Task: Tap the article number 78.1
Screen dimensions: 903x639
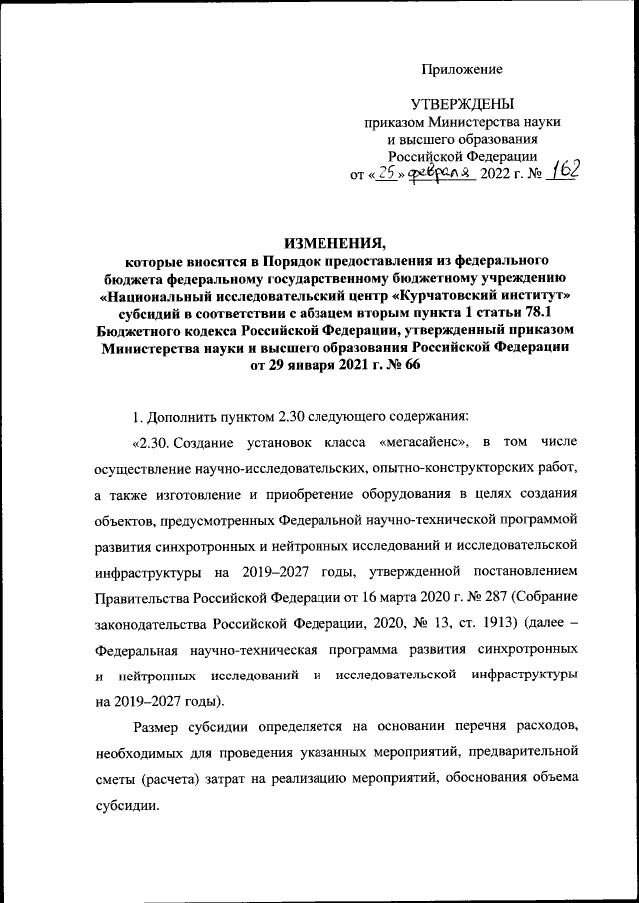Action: click(x=522, y=312)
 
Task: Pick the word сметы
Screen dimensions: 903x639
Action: click(x=118, y=779)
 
